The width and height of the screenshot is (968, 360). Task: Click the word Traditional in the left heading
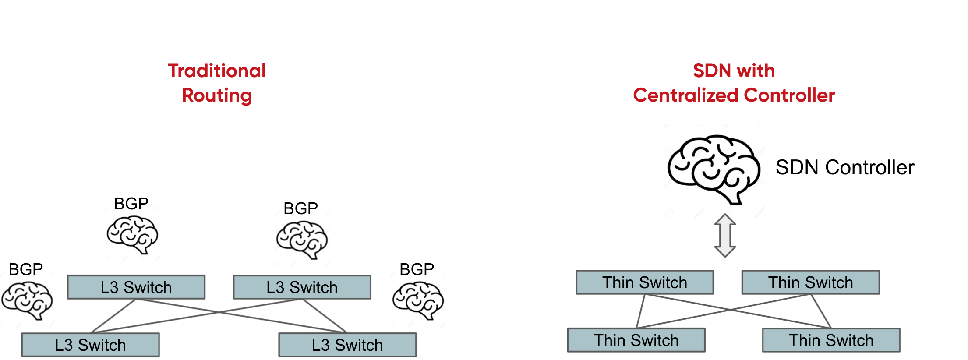(x=217, y=71)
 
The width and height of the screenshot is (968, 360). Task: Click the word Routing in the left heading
(x=217, y=95)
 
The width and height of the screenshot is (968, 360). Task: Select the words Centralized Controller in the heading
(x=734, y=95)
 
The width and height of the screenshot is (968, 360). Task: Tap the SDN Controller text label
(x=844, y=167)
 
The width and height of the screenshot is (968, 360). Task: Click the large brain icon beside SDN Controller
(x=714, y=169)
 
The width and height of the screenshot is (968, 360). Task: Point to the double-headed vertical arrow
(x=725, y=235)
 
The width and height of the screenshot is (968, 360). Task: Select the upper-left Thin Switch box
(x=644, y=282)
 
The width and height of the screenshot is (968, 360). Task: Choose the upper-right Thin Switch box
(x=810, y=282)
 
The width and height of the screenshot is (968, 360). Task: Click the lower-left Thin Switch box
(x=636, y=340)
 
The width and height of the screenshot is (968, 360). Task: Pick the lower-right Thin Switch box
(x=831, y=340)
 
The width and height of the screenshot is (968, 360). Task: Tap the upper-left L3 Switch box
(x=136, y=287)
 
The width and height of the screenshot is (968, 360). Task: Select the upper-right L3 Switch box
(x=302, y=287)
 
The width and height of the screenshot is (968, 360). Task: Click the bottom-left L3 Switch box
(x=90, y=345)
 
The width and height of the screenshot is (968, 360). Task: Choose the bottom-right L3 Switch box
(x=347, y=345)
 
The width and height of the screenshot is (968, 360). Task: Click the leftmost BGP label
(x=25, y=269)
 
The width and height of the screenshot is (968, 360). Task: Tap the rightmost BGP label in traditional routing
(x=417, y=269)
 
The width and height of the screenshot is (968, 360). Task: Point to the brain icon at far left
(x=27, y=300)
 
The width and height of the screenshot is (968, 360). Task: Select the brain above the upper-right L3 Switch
(x=302, y=240)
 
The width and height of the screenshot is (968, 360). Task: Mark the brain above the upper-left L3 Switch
(x=132, y=235)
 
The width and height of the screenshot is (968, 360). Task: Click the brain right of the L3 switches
(x=418, y=300)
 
